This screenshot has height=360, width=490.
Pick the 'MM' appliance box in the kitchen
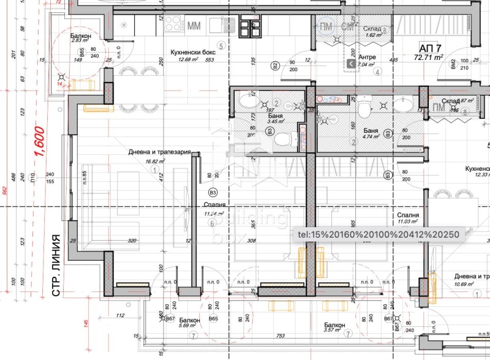[194, 26]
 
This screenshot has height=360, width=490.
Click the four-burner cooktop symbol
[173, 26]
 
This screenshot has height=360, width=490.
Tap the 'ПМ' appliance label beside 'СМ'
[326, 26]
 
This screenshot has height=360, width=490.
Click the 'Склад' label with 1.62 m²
[371, 28]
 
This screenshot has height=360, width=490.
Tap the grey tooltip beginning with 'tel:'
[377, 234]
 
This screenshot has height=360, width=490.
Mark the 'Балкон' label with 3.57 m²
[334, 325]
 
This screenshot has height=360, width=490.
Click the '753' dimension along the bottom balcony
[281, 336]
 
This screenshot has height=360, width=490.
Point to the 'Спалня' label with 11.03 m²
[408, 216]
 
